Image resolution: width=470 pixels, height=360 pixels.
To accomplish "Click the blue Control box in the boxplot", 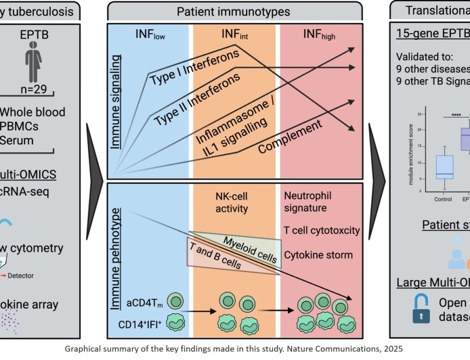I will click(x=444, y=166).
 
